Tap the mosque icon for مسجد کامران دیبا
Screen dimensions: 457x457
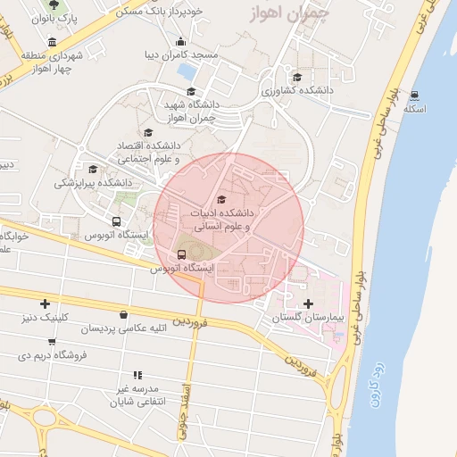pos(181,41)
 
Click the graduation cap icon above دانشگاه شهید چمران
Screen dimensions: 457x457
pos(190,91)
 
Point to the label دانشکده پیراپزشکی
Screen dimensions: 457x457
pos(93,182)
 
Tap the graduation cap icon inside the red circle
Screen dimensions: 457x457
pos(221,199)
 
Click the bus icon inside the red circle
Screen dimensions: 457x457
pos(182,254)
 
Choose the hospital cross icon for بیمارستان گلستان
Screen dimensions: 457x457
pos(309,304)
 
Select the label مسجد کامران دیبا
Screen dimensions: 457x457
pos(182,54)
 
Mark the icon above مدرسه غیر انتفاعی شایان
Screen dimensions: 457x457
pos(137,376)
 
